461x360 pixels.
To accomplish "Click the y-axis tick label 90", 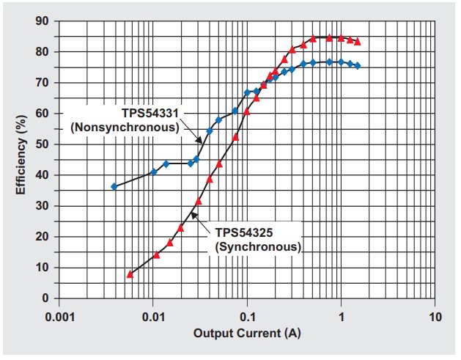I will click(43, 21).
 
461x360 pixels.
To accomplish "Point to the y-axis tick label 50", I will click(43, 144).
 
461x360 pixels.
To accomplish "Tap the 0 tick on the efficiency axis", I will click(46, 298).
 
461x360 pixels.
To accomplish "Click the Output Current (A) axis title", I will click(247, 334).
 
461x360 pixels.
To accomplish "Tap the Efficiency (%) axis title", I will click(23, 158).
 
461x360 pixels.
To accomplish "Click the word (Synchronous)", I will click(258, 246).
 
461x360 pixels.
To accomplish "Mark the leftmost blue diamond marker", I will click(114, 186).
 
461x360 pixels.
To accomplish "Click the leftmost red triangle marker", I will click(130, 274).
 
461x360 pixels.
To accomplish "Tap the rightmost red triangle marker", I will click(357, 42).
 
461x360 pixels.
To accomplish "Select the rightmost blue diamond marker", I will click(357, 66).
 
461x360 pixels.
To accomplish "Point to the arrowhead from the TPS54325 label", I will click(193, 213).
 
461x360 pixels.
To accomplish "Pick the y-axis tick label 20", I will click(43, 237).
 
